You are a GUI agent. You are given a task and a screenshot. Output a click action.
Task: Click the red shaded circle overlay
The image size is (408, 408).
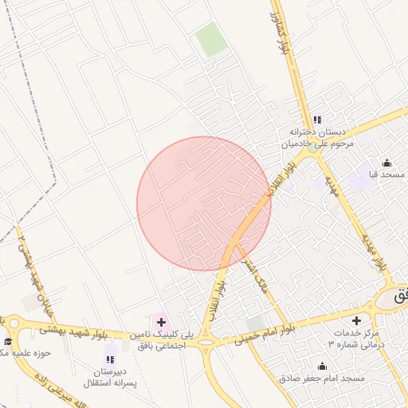click(203, 203)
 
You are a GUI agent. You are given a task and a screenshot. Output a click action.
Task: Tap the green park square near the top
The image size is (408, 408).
click(211, 40)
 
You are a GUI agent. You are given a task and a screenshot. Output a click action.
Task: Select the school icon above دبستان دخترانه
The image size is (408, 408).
click(317, 120)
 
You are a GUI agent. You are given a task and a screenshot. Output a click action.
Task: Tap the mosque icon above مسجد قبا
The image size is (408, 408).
click(387, 162)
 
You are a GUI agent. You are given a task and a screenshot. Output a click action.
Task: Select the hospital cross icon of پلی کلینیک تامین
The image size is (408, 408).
click(161, 321)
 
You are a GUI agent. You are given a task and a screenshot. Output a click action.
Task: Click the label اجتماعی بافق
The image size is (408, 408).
click(161, 346)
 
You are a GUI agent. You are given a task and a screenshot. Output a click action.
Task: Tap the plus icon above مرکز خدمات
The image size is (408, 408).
click(356, 320)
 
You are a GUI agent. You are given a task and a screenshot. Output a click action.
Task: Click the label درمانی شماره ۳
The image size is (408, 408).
click(349, 343)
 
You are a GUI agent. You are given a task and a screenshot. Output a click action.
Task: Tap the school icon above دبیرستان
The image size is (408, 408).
click(110, 360)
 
